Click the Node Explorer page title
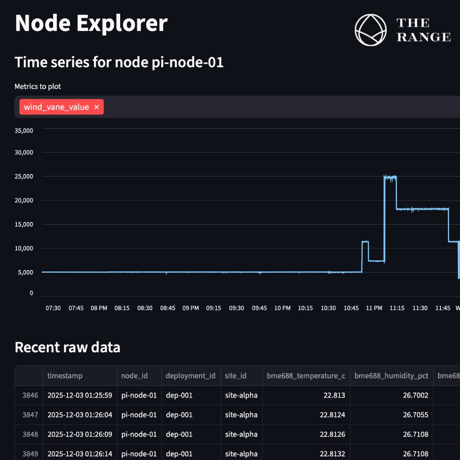(91, 23)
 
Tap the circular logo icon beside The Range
(371, 30)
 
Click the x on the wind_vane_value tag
(97, 107)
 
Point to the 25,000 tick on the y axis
(24, 176)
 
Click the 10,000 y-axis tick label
(24, 248)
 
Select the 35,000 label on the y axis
(24, 131)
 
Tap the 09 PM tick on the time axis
(190, 308)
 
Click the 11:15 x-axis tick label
(397, 308)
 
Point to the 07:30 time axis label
(53, 308)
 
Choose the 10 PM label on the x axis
(282, 308)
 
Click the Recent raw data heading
(67, 348)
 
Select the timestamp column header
(65, 376)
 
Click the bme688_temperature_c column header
(306, 376)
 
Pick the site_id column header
(236, 376)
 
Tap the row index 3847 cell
(30, 415)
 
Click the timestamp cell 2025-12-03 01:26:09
(80, 434)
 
